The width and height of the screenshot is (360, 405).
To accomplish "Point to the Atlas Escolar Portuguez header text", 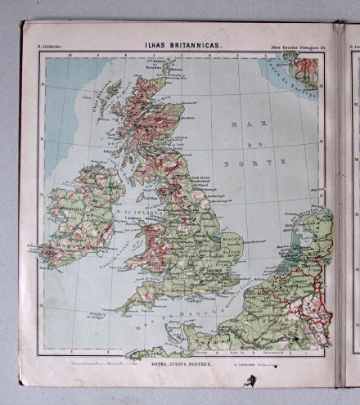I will coord(296,56).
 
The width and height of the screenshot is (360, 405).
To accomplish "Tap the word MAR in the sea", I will coord(242,124).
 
